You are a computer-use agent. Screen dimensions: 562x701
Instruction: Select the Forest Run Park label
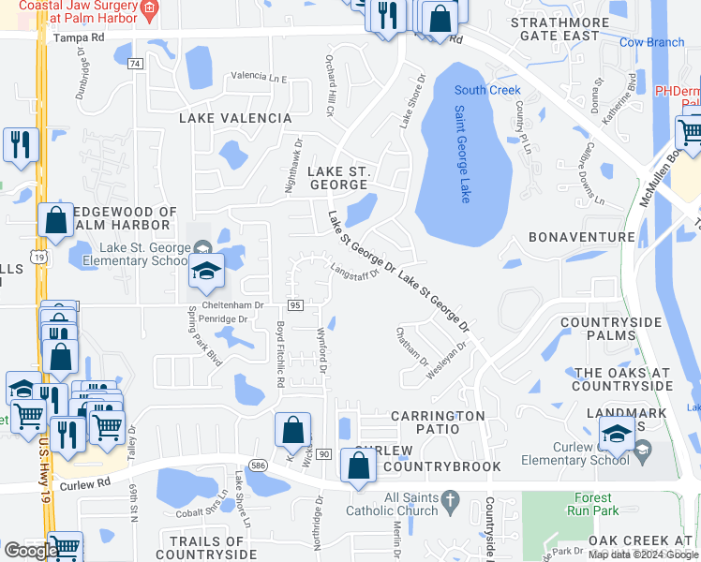(592, 505)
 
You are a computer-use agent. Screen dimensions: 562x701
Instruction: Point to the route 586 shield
(258, 463)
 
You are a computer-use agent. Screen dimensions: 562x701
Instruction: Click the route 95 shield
(295, 305)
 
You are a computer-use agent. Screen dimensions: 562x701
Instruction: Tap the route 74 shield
(137, 63)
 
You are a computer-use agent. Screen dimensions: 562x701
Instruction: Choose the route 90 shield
(323, 453)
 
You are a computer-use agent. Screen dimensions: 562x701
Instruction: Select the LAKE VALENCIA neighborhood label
(236, 118)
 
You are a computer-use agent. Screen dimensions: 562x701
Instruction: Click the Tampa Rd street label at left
(80, 38)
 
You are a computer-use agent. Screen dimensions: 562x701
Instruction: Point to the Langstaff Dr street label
(354, 271)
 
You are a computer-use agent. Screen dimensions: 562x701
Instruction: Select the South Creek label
(487, 90)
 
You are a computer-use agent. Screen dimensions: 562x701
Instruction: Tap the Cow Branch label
(651, 42)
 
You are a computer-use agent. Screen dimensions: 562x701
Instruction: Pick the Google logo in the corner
(30, 551)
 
